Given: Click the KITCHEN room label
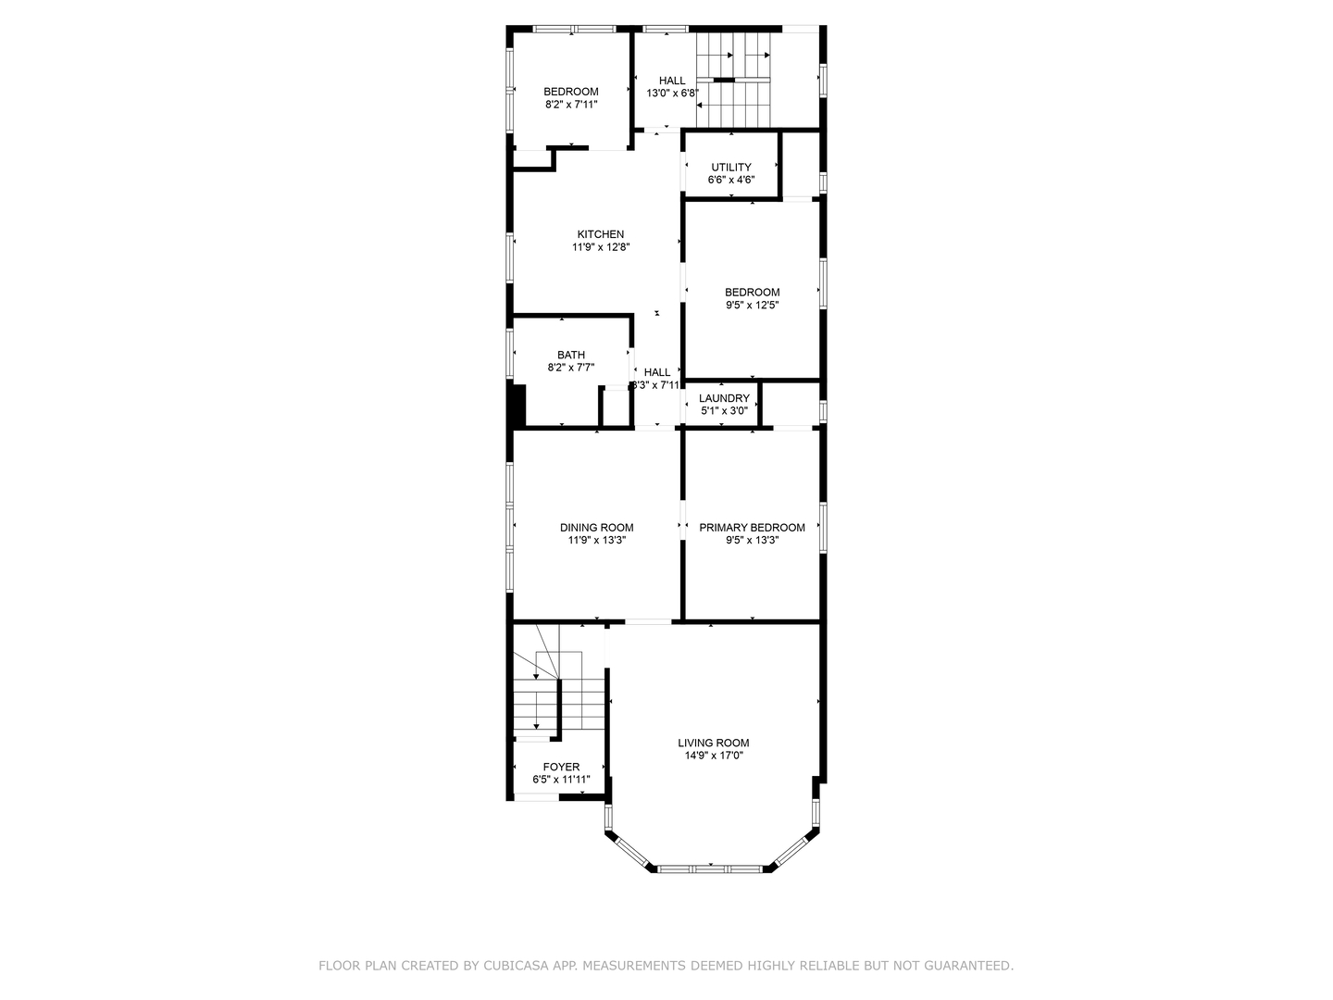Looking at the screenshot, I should pos(600,234).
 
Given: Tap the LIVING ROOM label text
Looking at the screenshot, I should pos(713,743).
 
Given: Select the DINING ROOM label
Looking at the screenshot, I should pos(596,528).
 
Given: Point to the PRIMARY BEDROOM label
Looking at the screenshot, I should pos(752,528).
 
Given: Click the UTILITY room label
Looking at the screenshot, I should pos(731,168).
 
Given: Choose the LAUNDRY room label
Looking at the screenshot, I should pos(724,398).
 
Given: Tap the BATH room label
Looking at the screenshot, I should pos(570,355).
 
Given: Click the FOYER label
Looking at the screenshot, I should pos(561,767).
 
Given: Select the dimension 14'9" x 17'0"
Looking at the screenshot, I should pos(713,756).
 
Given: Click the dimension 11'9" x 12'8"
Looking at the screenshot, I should pos(600,247).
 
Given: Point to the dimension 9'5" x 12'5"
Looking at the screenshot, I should pos(752,305).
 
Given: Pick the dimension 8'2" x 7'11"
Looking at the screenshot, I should pos(570,105).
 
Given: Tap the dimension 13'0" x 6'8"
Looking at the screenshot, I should pos(672,94).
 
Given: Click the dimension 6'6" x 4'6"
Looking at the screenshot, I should pos(731,180).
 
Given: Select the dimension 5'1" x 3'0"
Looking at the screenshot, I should pos(724,410).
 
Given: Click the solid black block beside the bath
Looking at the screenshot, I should pos(517,406).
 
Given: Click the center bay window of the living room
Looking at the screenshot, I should pos(710,869).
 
